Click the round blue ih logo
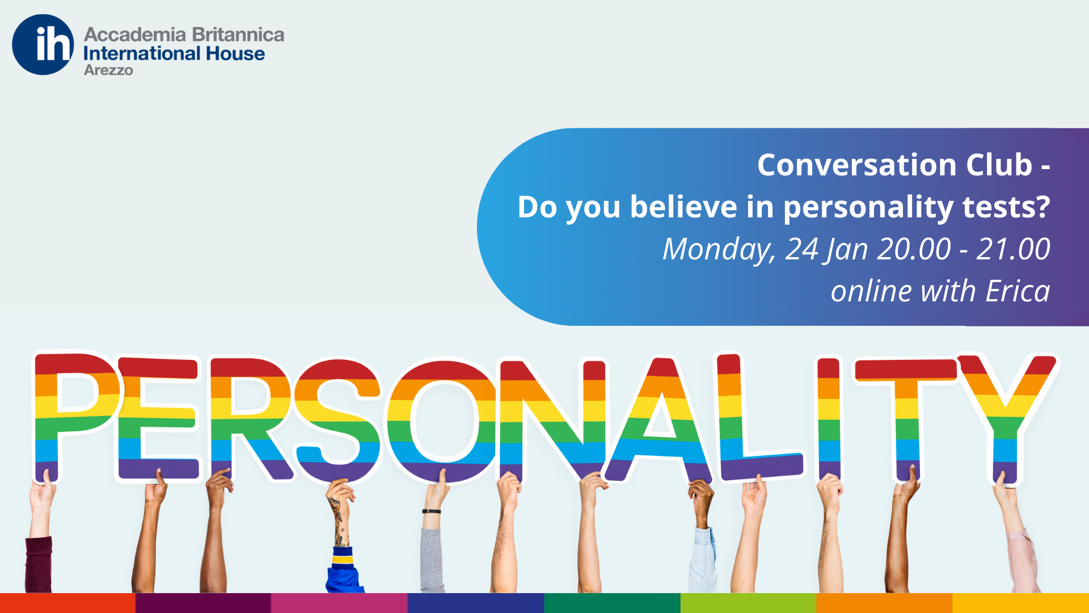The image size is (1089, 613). point(43,45)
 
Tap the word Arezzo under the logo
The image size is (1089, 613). point(108,70)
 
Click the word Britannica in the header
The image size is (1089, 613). point(238,35)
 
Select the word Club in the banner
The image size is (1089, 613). point(999,165)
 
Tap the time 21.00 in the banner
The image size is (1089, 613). point(1013,249)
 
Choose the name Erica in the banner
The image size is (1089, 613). point(1018,291)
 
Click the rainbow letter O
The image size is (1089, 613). point(442,421)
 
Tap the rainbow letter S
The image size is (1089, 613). point(337,421)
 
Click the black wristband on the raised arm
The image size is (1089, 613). point(432,511)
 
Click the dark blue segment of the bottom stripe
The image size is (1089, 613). point(476,603)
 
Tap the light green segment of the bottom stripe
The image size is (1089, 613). point(748,603)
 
